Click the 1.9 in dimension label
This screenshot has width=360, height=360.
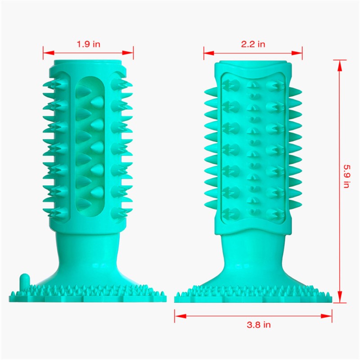tap(88, 44)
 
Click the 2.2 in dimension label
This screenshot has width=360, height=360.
tap(253, 44)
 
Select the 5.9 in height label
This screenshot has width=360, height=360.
tap(346, 175)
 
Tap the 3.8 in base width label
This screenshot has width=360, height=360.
tap(253, 324)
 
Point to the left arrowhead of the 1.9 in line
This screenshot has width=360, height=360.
tap(45, 53)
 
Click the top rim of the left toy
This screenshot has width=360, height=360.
tap(88, 60)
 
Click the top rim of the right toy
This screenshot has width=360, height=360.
tap(253, 62)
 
